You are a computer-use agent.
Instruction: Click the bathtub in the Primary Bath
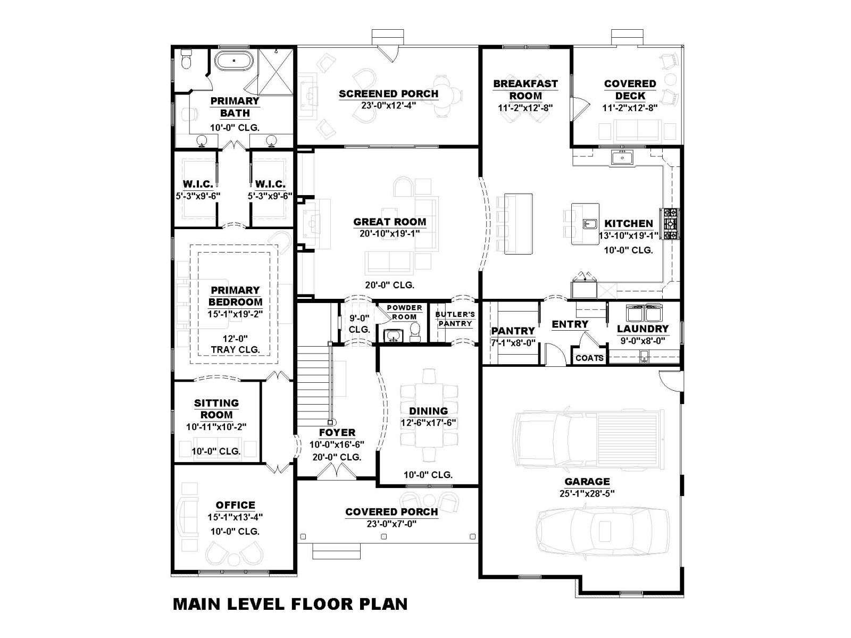coord(234,61)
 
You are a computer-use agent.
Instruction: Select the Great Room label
coord(389,222)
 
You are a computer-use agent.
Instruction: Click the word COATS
coord(589,358)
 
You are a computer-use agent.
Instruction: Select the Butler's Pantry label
coord(455,319)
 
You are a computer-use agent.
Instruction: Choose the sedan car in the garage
coord(602,530)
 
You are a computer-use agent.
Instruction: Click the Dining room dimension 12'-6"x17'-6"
coord(428,422)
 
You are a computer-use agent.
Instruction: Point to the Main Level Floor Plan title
coord(290,604)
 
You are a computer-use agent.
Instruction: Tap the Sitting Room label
coord(216,409)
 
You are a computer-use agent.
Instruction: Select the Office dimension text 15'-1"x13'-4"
coord(235,517)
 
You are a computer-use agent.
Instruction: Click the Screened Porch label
coord(388,94)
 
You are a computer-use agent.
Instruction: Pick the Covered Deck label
coord(630,89)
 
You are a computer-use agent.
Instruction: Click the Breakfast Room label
coord(525,89)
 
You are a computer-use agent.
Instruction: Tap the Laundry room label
coord(643,329)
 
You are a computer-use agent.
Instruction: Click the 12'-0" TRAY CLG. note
coord(235,344)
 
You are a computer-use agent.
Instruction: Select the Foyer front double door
coord(337,472)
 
